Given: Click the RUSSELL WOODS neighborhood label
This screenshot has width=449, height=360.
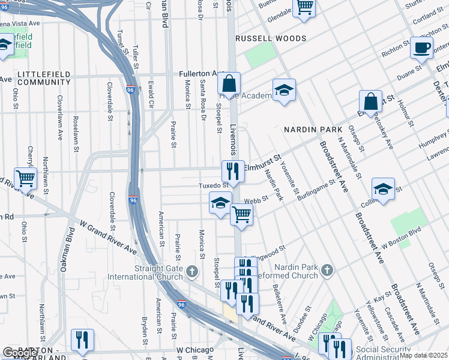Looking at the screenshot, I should [x=271, y=38].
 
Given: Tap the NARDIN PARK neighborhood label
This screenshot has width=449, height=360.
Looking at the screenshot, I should [x=313, y=130].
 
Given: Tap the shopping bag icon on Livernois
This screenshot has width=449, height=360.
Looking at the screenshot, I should [x=229, y=83].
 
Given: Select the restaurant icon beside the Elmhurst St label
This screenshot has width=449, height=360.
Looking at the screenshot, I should [x=233, y=171].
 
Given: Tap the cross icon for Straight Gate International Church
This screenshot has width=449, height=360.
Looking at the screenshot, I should [x=192, y=271].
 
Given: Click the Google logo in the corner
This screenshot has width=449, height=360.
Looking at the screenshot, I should [x=19, y=353].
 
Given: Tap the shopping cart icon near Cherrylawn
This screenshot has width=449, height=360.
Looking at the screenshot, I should [x=25, y=177].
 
